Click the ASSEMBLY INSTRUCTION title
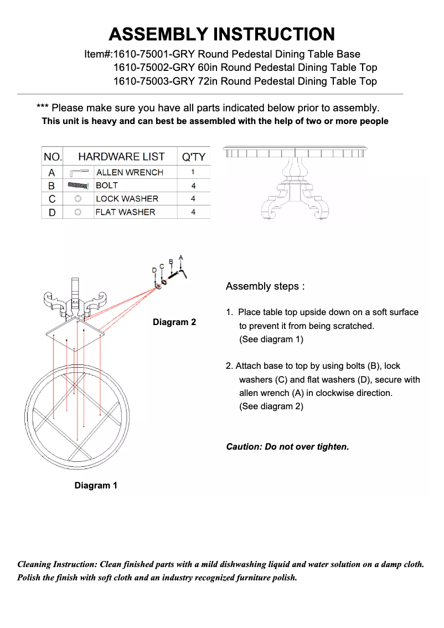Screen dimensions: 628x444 coord(221,34)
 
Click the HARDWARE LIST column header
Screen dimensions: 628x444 coord(121,157)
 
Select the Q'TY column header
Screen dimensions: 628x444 coord(193,157)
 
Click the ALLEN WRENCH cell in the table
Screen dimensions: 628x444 coord(130,172)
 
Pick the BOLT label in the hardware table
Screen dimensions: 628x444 coord(107,186)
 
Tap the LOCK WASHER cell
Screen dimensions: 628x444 coord(127,199)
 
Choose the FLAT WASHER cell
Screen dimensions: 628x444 coord(125,212)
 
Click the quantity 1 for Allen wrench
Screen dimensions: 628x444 coord(193,172)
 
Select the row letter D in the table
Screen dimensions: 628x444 coord(52,212)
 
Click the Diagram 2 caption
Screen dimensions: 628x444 coord(174,322)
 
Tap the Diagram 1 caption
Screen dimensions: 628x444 coord(96,486)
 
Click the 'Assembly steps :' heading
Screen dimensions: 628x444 coord(265,286)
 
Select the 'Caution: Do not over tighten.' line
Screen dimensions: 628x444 coord(287,446)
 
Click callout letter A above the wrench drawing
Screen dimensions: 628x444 coord(181,258)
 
